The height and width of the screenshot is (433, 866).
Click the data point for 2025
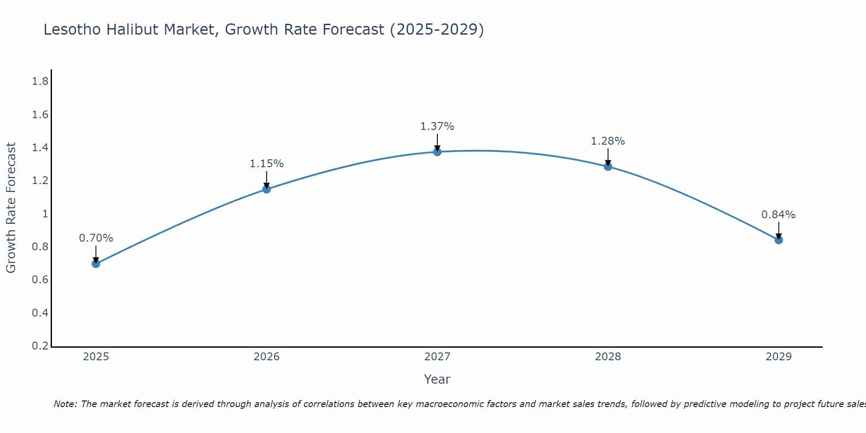[x=96, y=264]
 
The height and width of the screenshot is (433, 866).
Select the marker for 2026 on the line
[x=267, y=189]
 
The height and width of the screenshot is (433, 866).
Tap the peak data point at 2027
[x=437, y=152]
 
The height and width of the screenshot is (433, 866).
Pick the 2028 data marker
[x=608, y=167]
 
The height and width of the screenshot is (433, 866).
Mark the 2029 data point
[x=779, y=240]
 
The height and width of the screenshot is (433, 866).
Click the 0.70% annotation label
[x=96, y=238]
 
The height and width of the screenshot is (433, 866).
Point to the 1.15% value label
[x=267, y=164]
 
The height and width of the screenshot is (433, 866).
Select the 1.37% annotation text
[x=437, y=126]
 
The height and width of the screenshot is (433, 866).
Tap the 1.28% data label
[x=608, y=141]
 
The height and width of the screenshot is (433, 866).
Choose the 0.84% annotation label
[x=779, y=215]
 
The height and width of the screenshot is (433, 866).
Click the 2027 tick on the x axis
[x=437, y=357]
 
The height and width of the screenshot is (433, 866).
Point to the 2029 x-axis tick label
[x=779, y=357]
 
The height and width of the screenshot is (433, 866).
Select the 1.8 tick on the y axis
[x=40, y=81]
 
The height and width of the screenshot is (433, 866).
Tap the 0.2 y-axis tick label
[x=40, y=346]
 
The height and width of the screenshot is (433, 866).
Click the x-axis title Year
[x=437, y=379]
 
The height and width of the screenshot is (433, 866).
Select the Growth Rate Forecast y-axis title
[x=11, y=208]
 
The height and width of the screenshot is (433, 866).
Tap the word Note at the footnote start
[x=65, y=404]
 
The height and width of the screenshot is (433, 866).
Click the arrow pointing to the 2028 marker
[x=608, y=157]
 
